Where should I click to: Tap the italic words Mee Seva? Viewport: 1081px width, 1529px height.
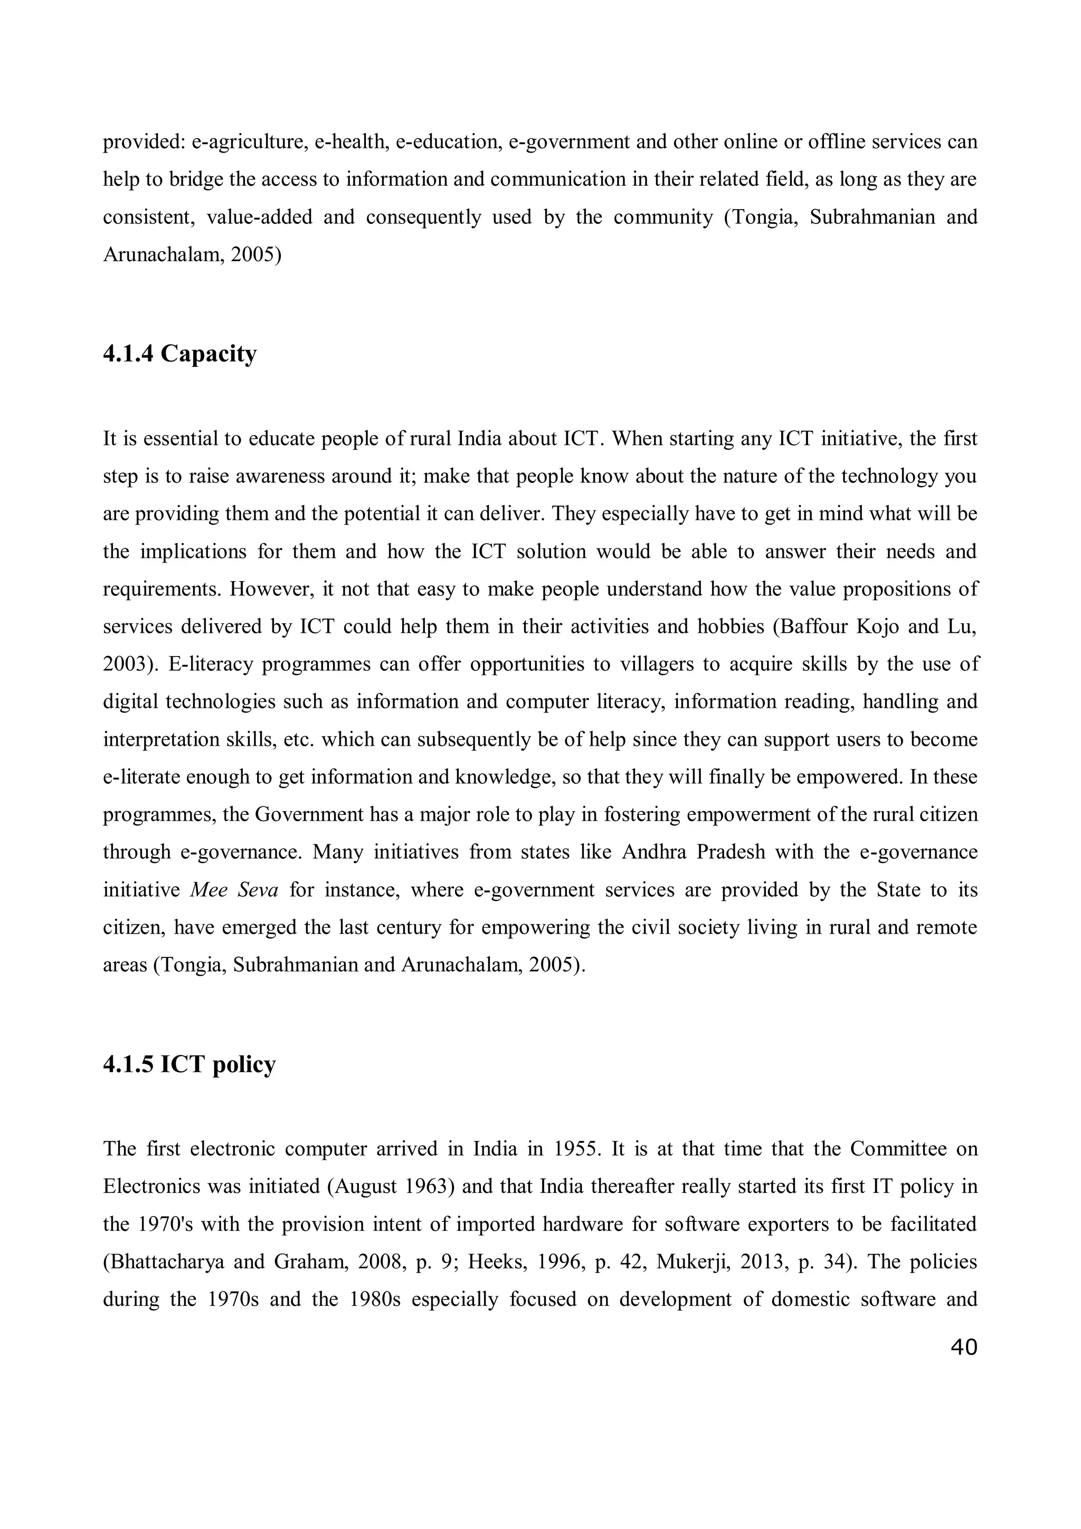(234, 890)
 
